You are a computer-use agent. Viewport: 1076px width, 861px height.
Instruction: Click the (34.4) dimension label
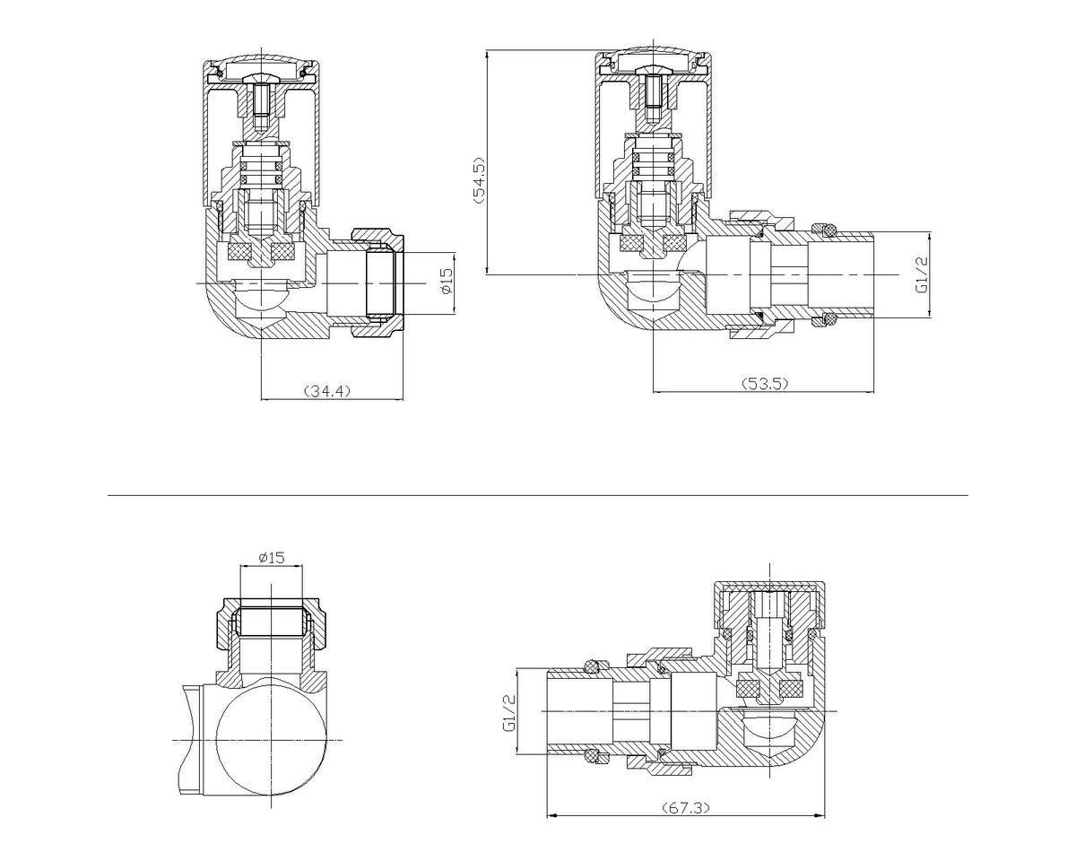pos(327,391)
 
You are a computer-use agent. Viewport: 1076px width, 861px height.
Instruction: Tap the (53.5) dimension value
pos(765,383)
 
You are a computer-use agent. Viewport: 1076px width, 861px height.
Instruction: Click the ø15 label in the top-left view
pos(447,283)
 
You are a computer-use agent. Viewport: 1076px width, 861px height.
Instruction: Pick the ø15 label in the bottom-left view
pos(271,557)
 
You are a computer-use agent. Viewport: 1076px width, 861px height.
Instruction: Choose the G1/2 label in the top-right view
pos(922,274)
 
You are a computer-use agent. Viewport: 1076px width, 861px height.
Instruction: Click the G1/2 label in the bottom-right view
pos(508,711)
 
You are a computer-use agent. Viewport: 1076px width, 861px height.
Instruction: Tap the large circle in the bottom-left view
pos(271,686)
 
